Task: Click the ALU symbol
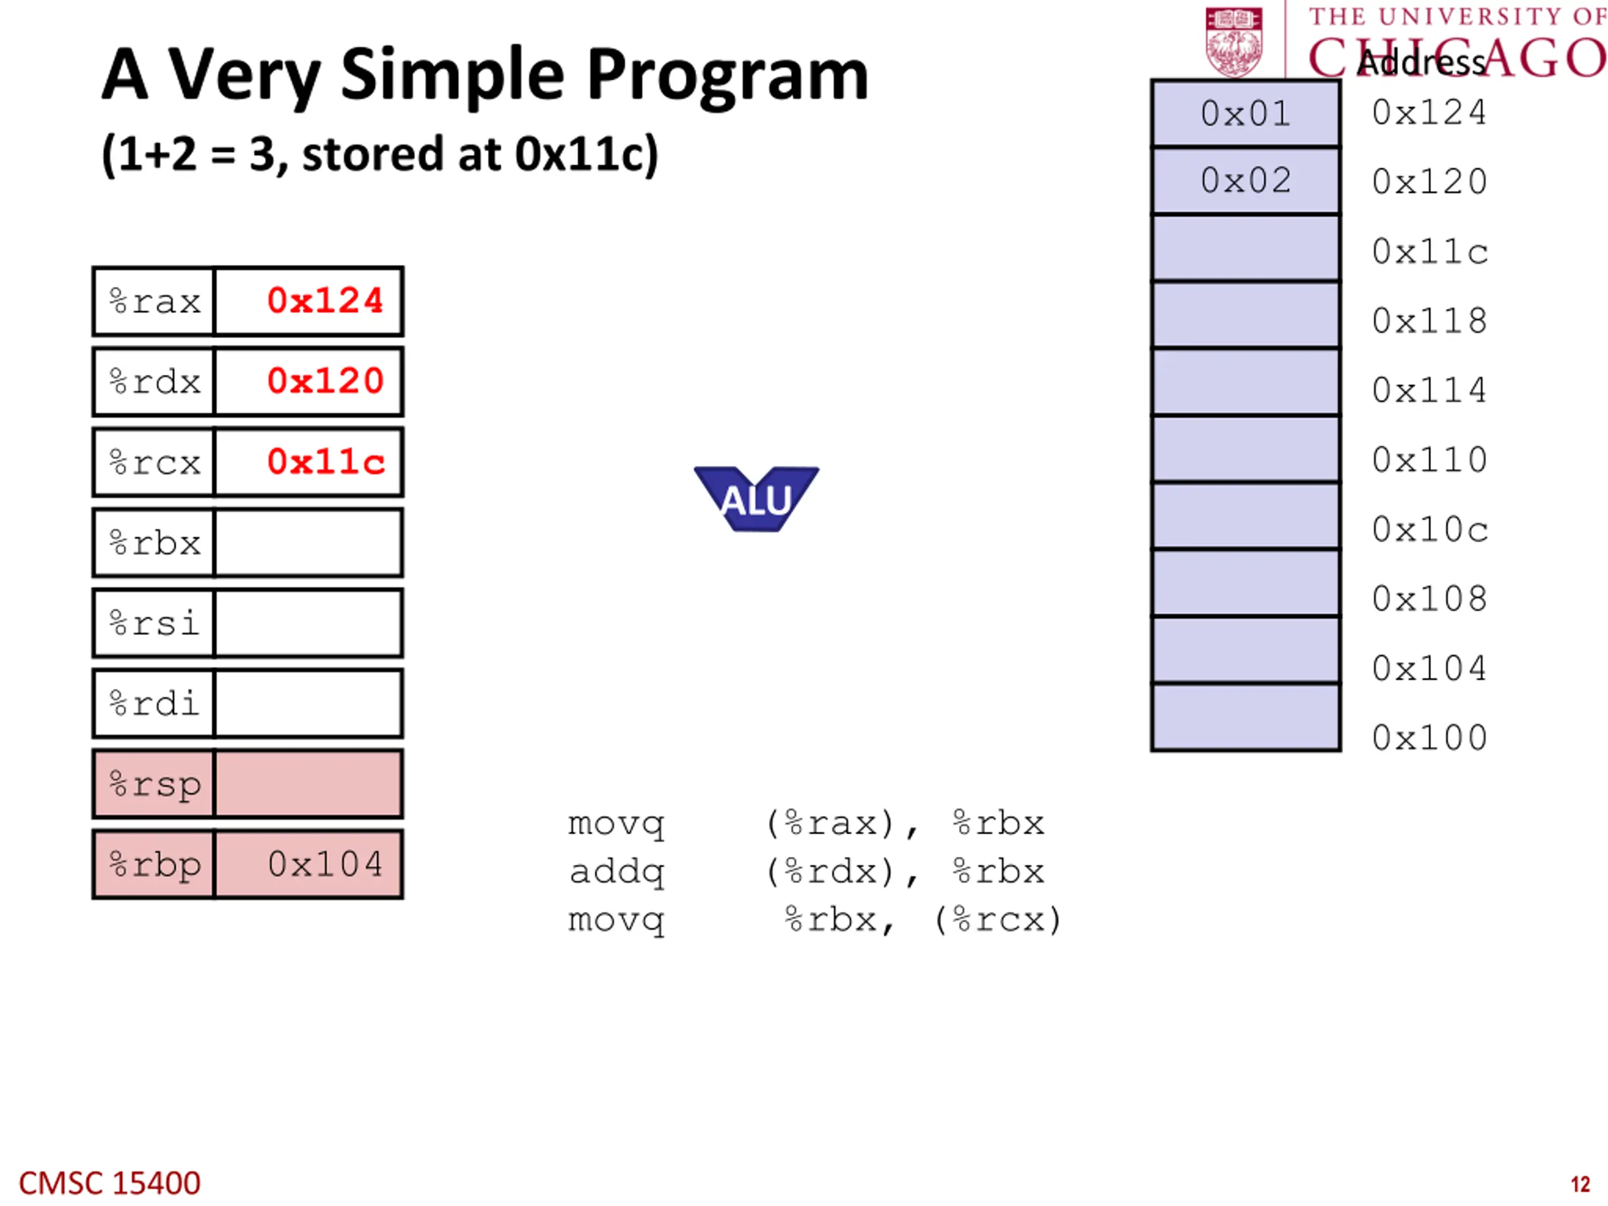pos(756,499)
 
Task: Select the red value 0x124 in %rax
pos(325,301)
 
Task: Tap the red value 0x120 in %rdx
pos(325,381)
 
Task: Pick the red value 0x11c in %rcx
pos(325,462)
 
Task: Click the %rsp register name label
pos(155,785)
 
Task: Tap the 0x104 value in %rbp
pos(325,864)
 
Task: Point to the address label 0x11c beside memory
pos(1430,251)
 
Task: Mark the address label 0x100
pos(1430,738)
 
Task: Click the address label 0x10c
pos(1430,530)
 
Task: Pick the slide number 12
pos(1580,1184)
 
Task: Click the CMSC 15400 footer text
pos(109,1183)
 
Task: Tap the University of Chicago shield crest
pos(1234,41)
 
